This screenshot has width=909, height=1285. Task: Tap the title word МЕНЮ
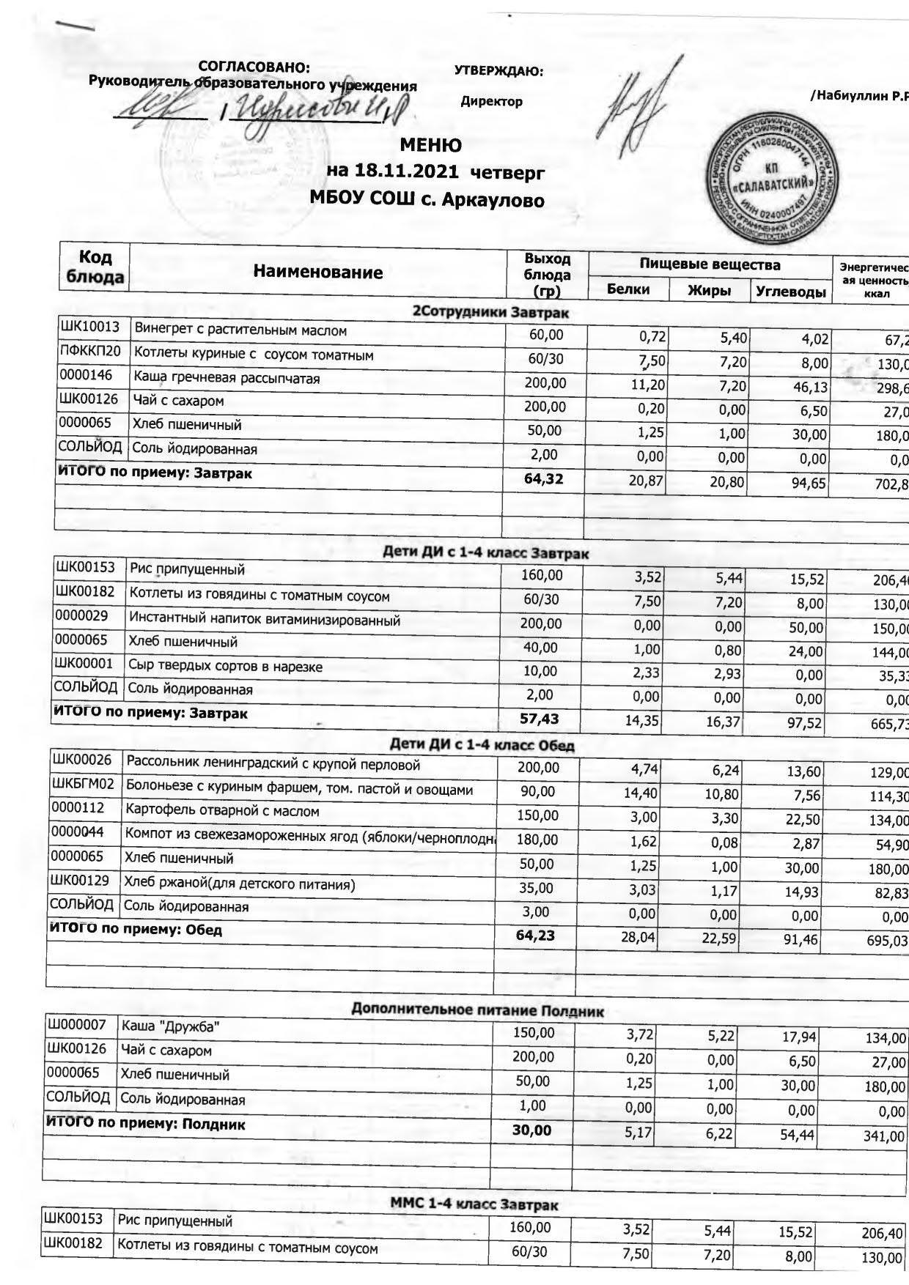[x=430, y=145]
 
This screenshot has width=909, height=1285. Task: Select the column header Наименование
[x=317, y=273]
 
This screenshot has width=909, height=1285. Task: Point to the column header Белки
[x=628, y=289]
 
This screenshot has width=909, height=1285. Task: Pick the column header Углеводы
[x=790, y=292]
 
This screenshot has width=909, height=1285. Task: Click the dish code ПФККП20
[x=90, y=352]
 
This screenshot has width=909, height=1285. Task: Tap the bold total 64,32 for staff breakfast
[x=544, y=479]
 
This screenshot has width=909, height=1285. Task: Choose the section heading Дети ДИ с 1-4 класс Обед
[x=482, y=746]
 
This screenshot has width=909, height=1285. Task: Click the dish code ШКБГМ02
[x=82, y=785]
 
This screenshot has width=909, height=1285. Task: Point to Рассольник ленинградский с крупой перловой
[x=273, y=765]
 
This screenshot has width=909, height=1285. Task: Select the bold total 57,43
[x=539, y=719]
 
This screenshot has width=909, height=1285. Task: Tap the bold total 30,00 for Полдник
[x=531, y=1130]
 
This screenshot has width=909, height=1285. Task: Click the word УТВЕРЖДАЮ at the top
[x=498, y=71]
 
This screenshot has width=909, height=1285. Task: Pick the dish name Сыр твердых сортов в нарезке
[x=225, y=666]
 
